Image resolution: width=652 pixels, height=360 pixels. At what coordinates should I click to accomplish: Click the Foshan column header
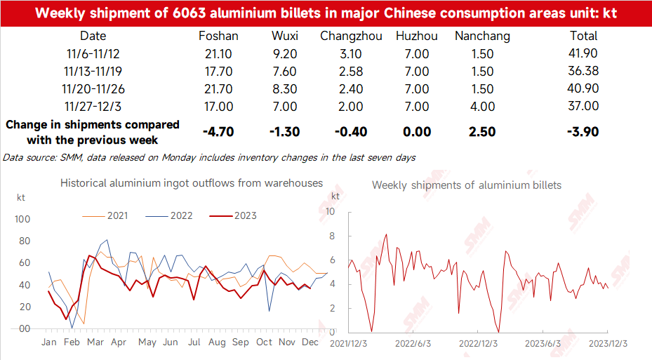[x=219, y=36]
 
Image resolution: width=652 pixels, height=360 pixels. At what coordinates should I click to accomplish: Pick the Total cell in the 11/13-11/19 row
[x=585, y=71]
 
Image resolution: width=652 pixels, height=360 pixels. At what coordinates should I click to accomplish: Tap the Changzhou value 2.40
[x=351, y=88]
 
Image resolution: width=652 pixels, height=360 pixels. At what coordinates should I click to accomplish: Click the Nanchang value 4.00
[x=481, y=106]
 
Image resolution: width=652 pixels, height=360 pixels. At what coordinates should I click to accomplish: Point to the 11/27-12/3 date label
[x=93, y=106]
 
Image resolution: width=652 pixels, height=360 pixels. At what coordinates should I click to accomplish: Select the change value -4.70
[x=219, y=132]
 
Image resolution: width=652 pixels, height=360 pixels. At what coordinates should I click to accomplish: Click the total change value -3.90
[x=585, y=132]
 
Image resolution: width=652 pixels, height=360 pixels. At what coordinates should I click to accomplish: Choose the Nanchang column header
[x=482, y=36]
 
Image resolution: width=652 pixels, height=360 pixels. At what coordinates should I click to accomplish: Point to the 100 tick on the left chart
[x=22, y=220]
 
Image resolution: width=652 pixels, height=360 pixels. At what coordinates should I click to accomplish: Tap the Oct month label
[x=264, y=342]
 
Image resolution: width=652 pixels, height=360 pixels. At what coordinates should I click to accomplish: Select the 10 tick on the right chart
[x=333, y=211]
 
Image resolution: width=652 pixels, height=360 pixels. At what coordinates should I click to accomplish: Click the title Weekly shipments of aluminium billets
[x=467, y=185]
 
